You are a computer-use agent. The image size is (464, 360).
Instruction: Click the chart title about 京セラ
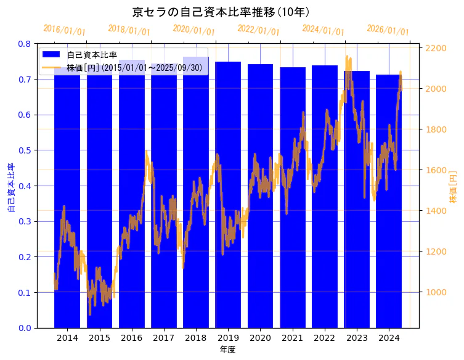221,12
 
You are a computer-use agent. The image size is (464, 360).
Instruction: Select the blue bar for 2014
67,197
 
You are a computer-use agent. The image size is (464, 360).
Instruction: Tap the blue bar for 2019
228,197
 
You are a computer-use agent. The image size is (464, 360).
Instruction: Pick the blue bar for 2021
293,197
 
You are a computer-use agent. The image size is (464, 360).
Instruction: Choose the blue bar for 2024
388,203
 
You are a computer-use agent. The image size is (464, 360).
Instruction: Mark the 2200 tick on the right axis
436,48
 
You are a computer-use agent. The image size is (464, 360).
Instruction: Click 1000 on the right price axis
436,292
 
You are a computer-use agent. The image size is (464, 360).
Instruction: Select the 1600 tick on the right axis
436,170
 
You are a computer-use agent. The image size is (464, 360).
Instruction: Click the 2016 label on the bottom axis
132,338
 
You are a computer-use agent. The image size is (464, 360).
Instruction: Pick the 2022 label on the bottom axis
325,338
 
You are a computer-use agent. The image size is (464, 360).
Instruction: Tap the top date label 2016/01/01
65,30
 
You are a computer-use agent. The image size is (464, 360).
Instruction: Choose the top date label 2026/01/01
388,30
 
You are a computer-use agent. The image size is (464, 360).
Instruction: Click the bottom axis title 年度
228,350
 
